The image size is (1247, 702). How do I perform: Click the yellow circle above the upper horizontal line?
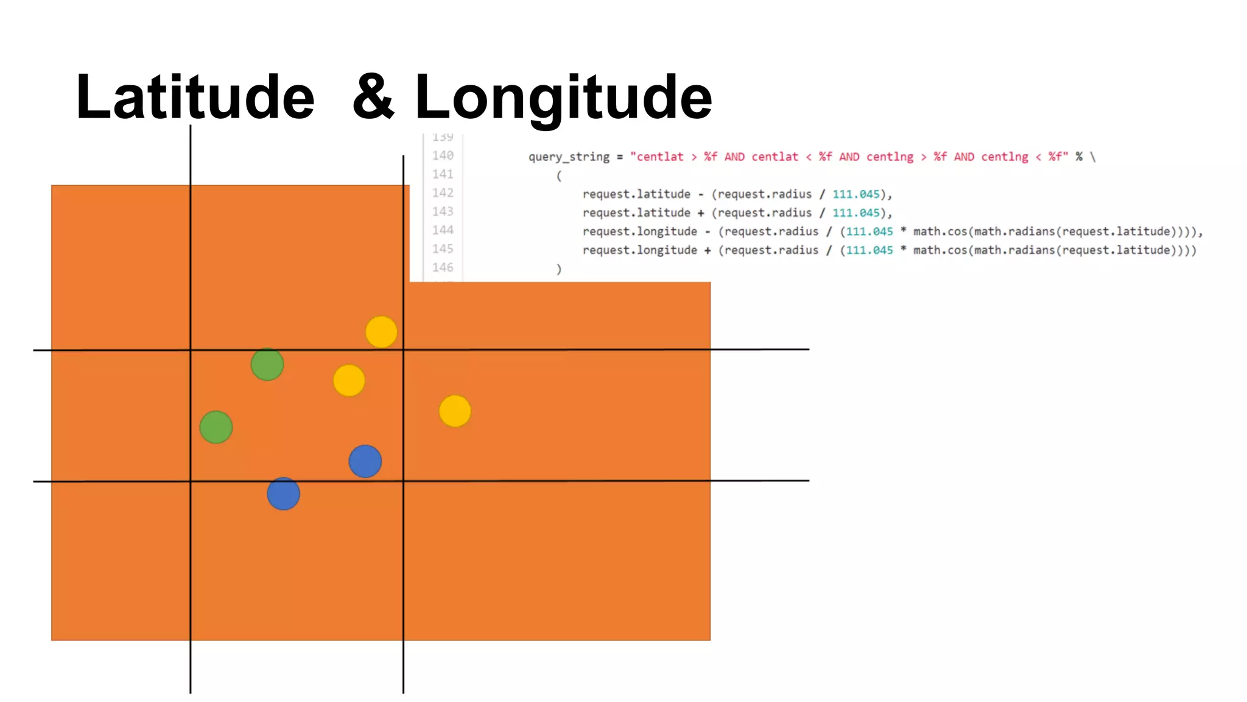point(381,332)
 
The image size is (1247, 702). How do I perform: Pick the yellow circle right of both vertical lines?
point(455,411)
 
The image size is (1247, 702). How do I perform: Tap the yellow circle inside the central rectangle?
point(349,381)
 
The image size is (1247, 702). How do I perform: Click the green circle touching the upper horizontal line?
point(267,364)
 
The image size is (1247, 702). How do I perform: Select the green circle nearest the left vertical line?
point(216,427)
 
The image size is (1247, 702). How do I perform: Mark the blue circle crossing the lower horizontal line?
point(283,494)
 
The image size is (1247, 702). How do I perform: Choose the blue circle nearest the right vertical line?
point(365,461)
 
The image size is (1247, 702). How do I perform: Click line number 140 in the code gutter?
point(443,155)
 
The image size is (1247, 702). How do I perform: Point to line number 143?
point(443,211)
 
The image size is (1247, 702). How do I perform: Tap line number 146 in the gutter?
point(443,268)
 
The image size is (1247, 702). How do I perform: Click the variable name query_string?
point(569,157)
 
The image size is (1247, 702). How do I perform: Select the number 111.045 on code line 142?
point(856,194)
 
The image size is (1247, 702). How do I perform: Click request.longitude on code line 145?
point(640,250)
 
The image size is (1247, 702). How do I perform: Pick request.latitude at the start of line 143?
point(636,213)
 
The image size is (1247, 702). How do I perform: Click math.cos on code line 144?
point(940,232)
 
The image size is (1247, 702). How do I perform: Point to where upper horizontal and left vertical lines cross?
point(191,350)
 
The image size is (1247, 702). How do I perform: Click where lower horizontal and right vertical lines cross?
point(403,481)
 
